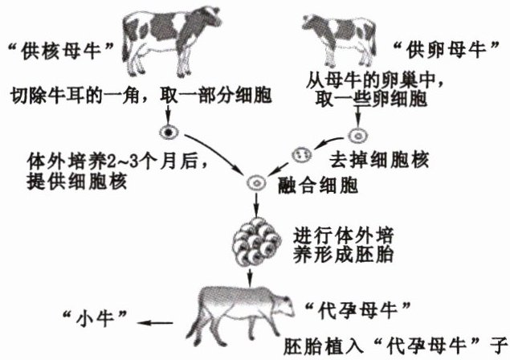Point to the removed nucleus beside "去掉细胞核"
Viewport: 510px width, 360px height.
coord(301,153)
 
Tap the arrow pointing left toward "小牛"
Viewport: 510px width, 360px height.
coord(157,322)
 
